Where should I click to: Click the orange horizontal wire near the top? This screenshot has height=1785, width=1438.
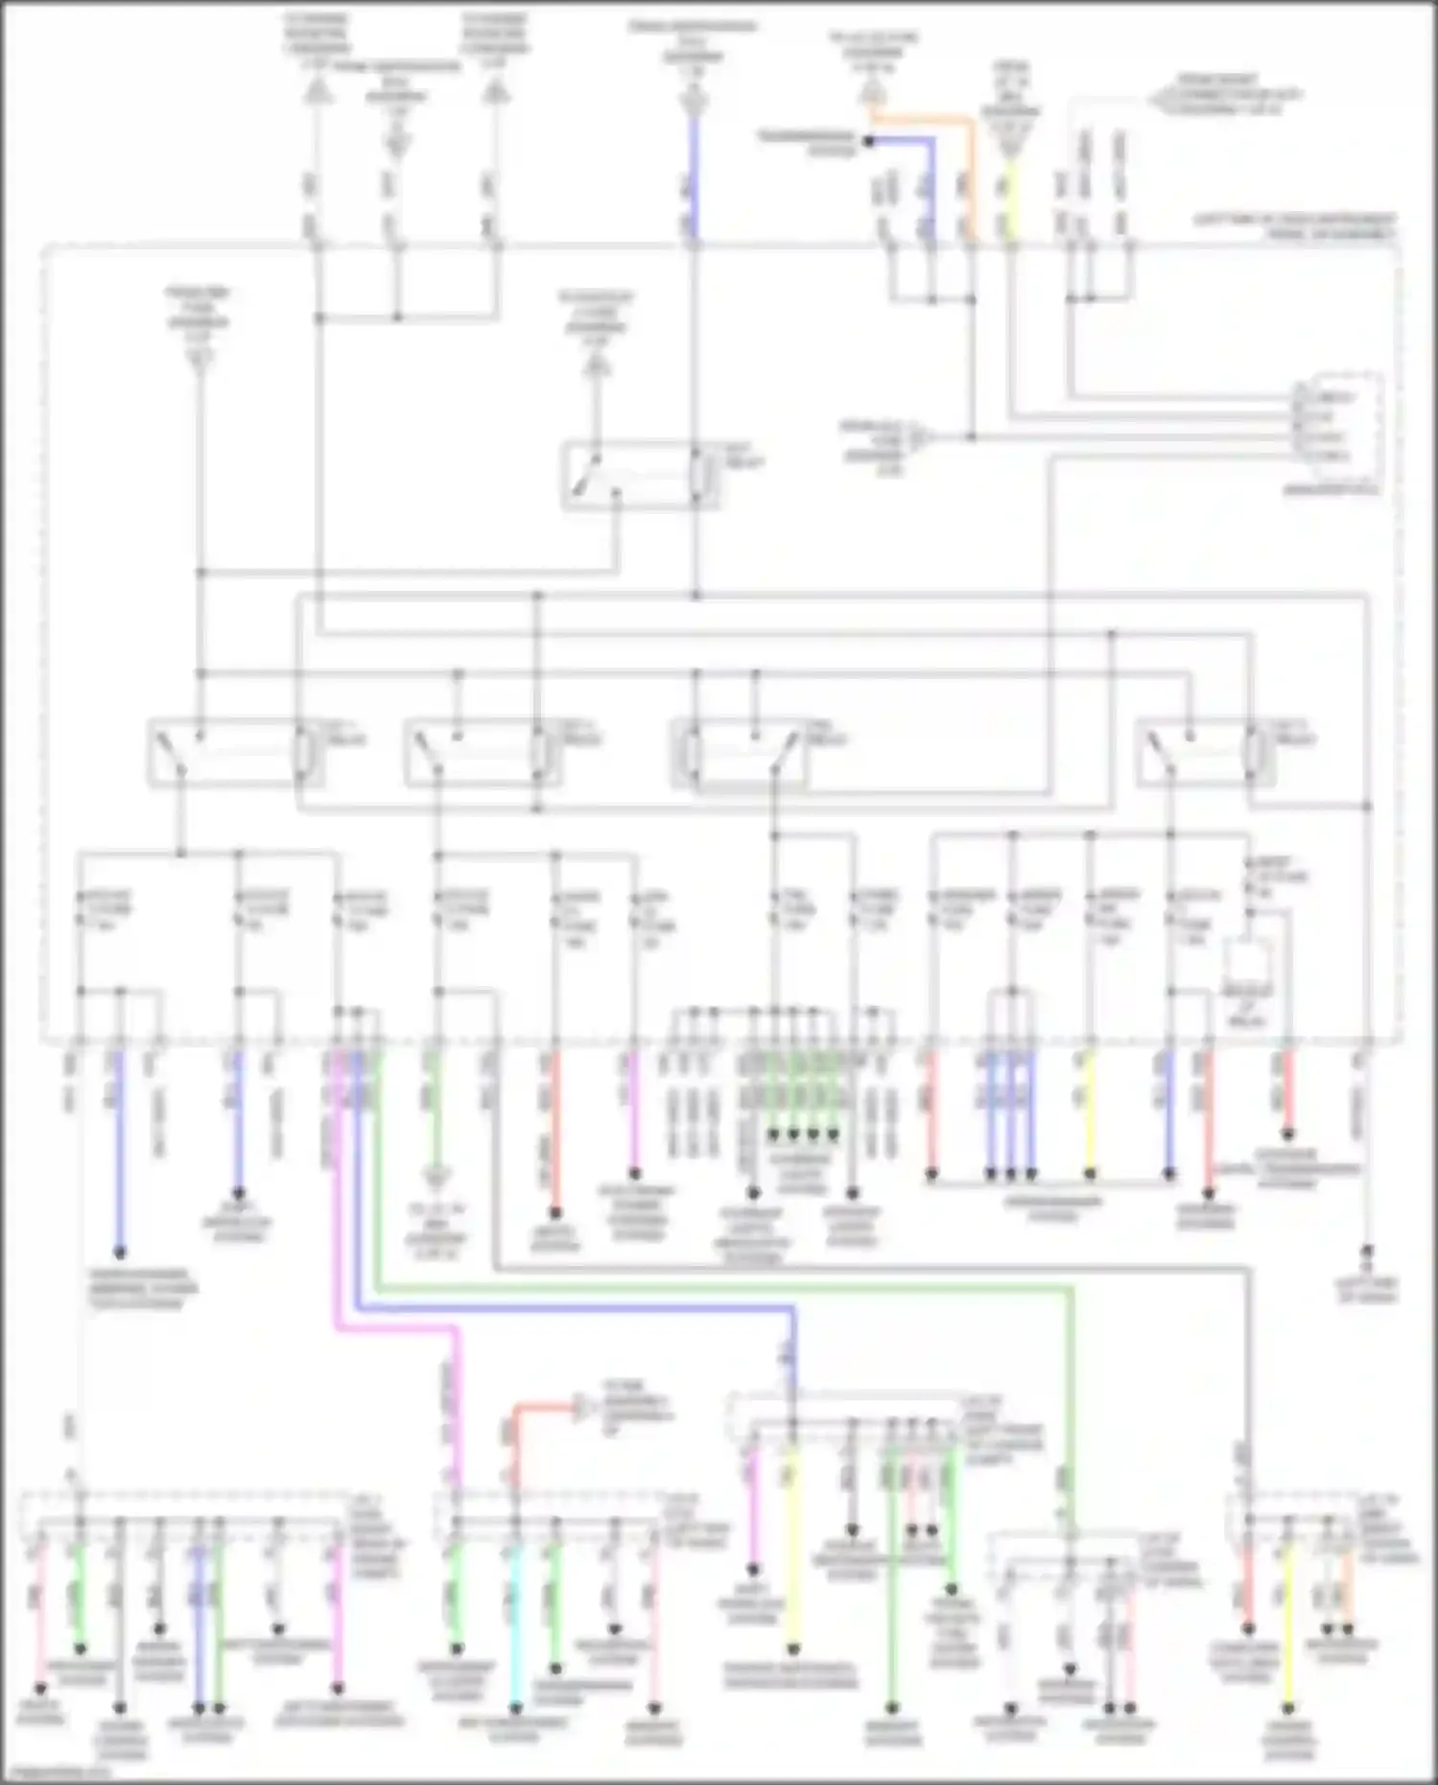tap(921, 119)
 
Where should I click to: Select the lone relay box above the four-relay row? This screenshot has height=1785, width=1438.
tap(640, 475)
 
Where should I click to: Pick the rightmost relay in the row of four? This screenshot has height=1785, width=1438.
tap(1206, 753)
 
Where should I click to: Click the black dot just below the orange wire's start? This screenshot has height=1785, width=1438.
tap(868, 141)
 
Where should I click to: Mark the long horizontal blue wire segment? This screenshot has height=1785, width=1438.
tap(576, 1308)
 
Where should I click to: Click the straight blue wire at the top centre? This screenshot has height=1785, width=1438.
tap(695, 177)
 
